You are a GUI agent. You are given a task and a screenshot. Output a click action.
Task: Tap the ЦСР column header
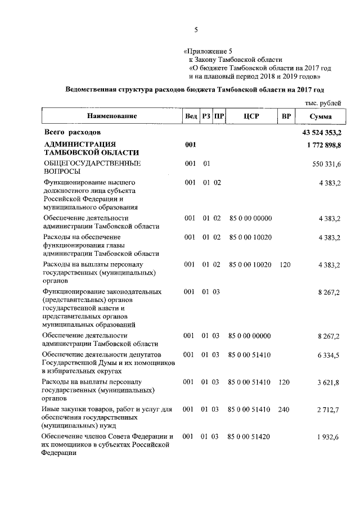coord(251,116)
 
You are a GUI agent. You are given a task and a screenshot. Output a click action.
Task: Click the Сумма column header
coord(321,116)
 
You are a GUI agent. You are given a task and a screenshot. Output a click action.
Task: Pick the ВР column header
coord(286,116)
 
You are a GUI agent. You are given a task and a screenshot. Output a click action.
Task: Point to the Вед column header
coord(191,116)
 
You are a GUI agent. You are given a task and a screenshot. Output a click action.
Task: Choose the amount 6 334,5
coord(329,355)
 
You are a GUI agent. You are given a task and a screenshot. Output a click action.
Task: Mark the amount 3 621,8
coord(329,382)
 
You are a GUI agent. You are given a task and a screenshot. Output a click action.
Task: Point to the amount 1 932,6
coord(329,436)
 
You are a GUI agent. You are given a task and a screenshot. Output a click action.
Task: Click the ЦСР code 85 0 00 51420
coord(250,436)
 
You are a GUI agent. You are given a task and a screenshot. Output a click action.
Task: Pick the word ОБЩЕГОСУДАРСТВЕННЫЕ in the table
coord(84,163)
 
